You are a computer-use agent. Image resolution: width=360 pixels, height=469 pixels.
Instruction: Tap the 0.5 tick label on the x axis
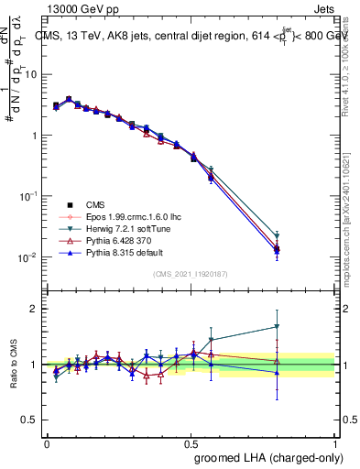191,442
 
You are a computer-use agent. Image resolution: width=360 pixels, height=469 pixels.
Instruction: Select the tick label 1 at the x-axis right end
334,442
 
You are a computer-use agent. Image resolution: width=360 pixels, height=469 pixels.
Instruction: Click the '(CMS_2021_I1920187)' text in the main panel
191,274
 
